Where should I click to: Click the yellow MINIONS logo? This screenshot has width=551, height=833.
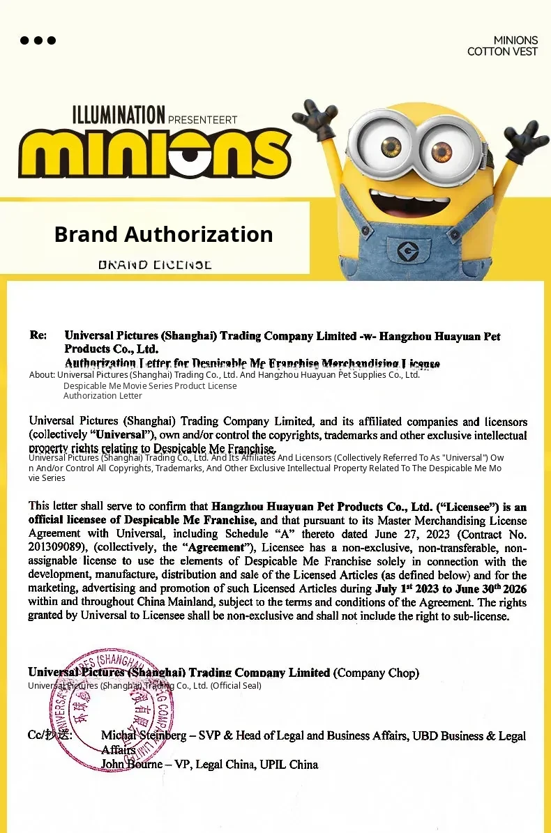[155, 152]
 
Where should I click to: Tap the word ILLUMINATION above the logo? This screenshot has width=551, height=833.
[119, 114]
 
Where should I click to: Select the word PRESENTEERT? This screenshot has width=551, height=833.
[203, 119]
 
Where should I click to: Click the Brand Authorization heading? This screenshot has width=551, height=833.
[163, 234]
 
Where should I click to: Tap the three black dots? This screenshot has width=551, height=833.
[38, 40]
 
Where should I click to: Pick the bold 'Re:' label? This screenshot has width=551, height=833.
[38, 335]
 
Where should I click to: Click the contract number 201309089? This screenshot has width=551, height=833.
[56, 547]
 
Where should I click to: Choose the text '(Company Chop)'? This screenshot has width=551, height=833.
[376, 673]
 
